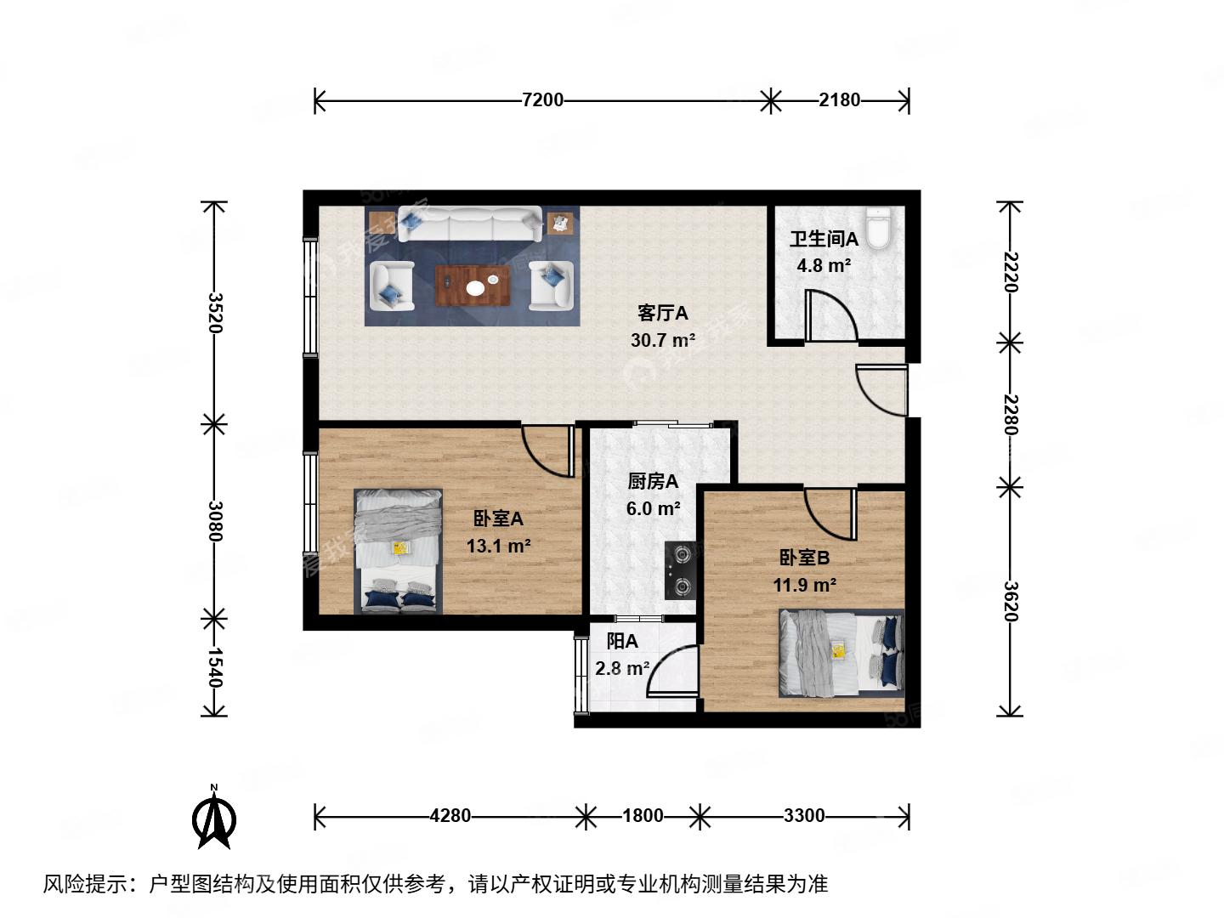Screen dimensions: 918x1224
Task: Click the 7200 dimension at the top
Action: (542, 100)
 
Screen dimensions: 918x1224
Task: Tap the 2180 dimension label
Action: (839, 100)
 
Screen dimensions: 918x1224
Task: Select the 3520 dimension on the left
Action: (215, 313)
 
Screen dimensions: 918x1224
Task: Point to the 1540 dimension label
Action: (215, 667)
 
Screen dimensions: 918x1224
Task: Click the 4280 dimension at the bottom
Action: (450, 816)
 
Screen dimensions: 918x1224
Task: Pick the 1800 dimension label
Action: (643, 816)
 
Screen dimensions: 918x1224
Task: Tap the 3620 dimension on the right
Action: (1010, 601)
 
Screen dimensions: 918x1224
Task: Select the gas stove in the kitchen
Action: (681, 570)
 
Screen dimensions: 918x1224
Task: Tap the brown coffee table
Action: (473, 286)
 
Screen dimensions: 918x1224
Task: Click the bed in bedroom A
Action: (399, 551)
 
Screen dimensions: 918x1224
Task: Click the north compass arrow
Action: (214, 818)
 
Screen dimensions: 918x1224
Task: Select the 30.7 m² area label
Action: (663, 341)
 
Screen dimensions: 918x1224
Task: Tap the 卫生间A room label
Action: (824, 240)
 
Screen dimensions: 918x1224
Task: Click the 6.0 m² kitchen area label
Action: (653, 509)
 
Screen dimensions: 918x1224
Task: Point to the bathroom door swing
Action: (830, 316)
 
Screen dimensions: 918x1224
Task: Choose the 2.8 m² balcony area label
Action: (622, 669)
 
